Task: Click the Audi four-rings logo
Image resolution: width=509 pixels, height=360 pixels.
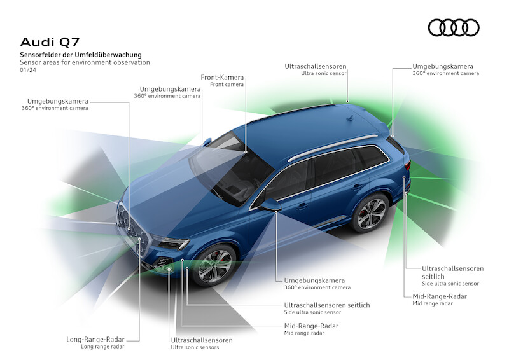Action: point(454,27)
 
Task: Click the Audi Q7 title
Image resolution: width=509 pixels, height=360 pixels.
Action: point(50,42)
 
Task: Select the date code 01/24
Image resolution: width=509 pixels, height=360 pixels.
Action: point(28,70)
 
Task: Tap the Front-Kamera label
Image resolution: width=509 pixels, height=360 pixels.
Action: point(222,77)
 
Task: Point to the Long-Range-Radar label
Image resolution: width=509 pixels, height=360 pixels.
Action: point(95,340)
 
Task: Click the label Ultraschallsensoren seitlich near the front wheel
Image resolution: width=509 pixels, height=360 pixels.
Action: point(327,305)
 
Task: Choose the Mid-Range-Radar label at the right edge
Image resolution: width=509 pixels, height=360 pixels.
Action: point(440,296)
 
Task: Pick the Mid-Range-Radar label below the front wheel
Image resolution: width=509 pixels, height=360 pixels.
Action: point(311,326)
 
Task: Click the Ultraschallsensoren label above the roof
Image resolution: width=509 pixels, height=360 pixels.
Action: point(316,66)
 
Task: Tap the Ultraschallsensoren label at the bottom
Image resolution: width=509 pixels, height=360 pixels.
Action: point(202,340)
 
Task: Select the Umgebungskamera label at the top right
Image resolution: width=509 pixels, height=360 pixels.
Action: point(443,66)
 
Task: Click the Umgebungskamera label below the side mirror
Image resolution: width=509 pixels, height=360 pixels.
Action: point(314,280)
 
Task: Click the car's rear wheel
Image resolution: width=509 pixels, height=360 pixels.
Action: point(371,213)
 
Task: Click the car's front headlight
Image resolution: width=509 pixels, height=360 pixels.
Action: point(171,242)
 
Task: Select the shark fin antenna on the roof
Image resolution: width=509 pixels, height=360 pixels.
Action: point(349,118)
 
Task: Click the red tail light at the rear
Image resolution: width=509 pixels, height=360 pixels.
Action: point(407,165)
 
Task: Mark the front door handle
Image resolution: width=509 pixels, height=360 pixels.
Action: point(303,205)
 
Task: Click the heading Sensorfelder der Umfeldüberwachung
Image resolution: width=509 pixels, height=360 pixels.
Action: point(81,55)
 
